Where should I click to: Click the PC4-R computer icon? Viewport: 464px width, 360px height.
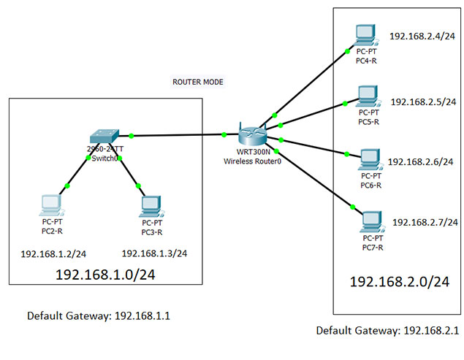[363, 34]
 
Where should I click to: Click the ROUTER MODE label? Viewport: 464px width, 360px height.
[197, 82]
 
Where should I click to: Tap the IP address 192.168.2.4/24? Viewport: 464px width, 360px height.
[422, 35]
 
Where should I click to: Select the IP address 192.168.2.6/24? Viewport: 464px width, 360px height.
[421, 161]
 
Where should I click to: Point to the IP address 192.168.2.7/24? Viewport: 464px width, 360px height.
[425, 221]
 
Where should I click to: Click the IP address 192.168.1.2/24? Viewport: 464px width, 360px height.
[54, 254]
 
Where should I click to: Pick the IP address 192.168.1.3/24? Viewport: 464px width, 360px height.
[154, 253]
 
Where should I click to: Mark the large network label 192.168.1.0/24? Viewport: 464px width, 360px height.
[106, 275]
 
